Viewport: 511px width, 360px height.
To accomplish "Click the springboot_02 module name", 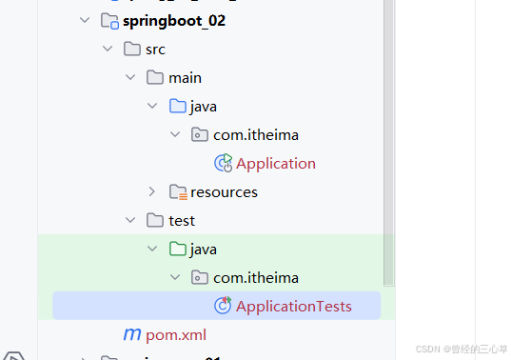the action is (173, 20).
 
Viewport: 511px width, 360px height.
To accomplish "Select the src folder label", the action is (155, 49).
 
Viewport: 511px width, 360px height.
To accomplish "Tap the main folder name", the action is (185, 77).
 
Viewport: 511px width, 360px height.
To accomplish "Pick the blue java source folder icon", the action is (177, 106).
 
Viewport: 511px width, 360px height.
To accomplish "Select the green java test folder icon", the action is (177, 249).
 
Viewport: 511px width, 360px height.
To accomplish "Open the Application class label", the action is (276, 163).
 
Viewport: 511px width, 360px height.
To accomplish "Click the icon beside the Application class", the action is (224, 163).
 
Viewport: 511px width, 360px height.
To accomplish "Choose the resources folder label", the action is (224, 191).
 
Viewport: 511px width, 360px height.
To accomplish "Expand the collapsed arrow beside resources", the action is (152, 191).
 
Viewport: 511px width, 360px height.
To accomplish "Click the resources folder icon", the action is (177, 191).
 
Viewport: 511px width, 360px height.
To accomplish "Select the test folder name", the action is (182, 220).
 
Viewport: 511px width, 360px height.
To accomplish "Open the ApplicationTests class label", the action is (294, 306).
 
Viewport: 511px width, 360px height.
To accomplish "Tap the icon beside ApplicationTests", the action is (224, 306).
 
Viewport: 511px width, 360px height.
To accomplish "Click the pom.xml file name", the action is (176, 334).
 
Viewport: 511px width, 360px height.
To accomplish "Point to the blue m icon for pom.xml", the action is (132, 334).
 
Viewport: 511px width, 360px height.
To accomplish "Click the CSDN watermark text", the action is (462, 350).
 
